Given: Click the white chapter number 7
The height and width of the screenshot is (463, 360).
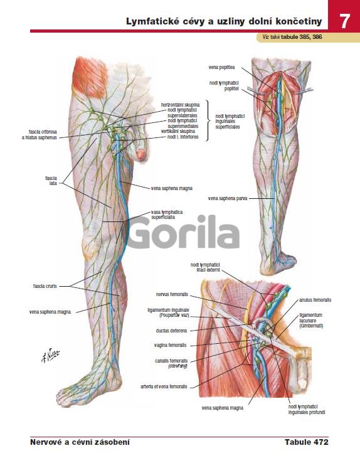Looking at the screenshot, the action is (344, 21).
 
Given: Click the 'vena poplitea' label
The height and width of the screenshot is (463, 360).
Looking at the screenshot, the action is (221, 67).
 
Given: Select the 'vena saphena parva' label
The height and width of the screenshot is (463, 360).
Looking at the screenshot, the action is (228, 198).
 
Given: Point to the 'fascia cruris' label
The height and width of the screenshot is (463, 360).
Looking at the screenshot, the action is (45, 286).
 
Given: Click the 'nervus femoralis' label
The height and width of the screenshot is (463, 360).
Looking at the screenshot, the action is (172, 294).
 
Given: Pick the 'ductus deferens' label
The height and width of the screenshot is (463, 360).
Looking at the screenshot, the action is (171, 331).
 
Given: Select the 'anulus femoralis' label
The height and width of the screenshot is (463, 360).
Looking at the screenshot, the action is (315, 300).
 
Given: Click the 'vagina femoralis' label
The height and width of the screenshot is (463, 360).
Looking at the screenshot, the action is (170, 345).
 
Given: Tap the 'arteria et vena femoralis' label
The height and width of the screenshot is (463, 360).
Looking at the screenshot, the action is (164, 386).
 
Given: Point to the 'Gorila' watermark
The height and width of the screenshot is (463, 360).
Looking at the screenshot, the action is (184, 232).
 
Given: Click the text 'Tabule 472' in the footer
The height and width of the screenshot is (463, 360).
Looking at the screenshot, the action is (306, 442).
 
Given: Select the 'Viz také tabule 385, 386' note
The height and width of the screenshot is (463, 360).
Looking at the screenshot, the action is (292, 37).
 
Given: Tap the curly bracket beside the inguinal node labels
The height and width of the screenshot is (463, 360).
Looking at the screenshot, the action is (208, 120).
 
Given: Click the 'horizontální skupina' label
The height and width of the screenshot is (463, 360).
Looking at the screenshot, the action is (180, 105).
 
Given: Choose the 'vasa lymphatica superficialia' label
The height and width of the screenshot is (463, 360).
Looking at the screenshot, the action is (167, 215).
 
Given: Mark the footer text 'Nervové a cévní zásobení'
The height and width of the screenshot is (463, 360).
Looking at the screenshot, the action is (80, 442).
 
